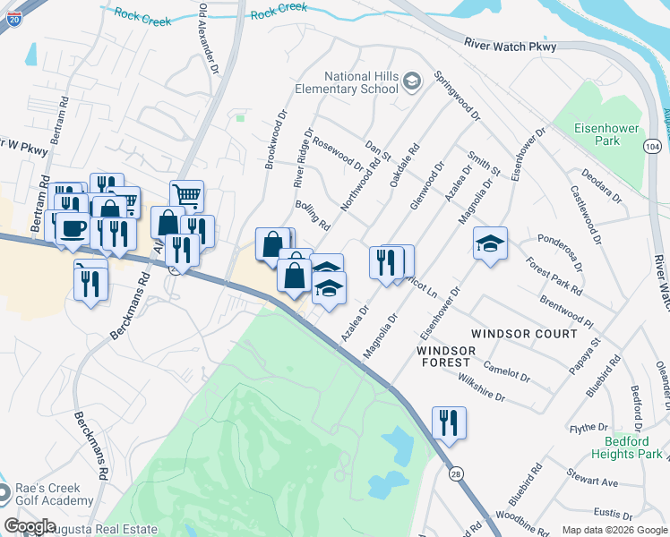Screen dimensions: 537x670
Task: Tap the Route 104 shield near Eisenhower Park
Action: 653,145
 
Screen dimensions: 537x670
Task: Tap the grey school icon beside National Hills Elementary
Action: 411,82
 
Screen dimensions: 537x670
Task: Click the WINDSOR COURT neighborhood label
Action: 524,334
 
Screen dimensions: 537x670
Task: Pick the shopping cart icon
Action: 186,195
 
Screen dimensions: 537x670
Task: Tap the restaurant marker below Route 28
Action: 449,422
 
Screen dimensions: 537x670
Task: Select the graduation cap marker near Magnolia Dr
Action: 490,243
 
